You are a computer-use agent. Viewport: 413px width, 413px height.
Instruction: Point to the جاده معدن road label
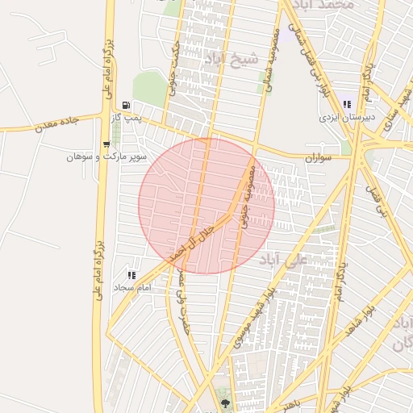tap(56, 123)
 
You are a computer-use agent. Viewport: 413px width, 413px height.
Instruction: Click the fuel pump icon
tap(126, 106)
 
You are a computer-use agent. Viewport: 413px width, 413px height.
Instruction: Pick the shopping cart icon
tap(106, 144)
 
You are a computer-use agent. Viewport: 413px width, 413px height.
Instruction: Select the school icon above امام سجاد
tap(131, 276)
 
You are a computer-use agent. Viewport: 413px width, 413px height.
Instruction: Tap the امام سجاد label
tap(133, 288)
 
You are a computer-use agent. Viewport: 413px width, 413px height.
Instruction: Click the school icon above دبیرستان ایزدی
tap(347, 104)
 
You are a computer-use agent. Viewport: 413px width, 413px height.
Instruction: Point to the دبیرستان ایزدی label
tap(340, 117)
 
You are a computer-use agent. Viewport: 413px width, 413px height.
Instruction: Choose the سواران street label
tap(319, 159)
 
